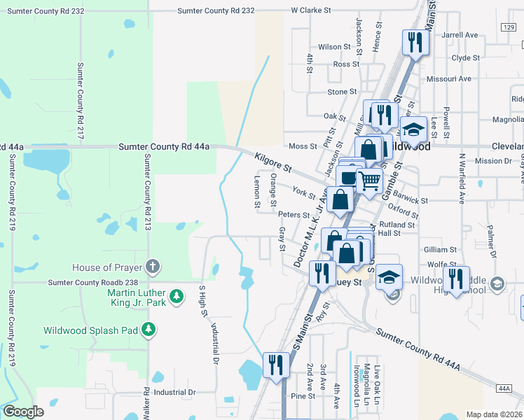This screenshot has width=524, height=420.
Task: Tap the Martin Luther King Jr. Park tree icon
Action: pyautogui.click(x=177, y=297)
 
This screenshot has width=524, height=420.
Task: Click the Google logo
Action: pyautogui.click(x=23, y=412)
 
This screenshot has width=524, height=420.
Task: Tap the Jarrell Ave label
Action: pyautogui.click(x=460, y=34)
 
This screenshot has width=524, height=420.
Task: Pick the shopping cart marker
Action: pyautogui.click(x=370, y=181)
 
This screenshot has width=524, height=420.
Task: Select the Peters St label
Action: pyautogui.click(x=294, y=215)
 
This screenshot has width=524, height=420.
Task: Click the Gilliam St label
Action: pyautogui.click(x=440, y=249)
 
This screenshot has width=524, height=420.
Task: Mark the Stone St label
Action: pyautogui.click(x=343, y=92)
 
